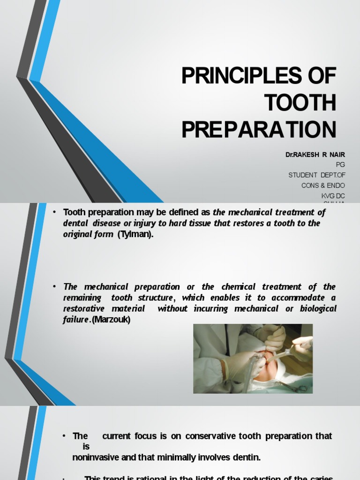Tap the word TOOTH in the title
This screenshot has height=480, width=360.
pos(300,103)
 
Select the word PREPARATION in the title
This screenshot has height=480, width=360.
pos(259,130)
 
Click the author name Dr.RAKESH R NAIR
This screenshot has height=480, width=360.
pos(315,154)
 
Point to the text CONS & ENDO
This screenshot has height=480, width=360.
pos(323,185)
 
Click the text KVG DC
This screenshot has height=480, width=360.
pos(333,195)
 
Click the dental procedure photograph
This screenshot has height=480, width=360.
pos(253,358)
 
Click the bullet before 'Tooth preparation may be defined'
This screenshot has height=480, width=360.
pos(54,212)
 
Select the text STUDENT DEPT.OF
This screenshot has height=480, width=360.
pos(316,175)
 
